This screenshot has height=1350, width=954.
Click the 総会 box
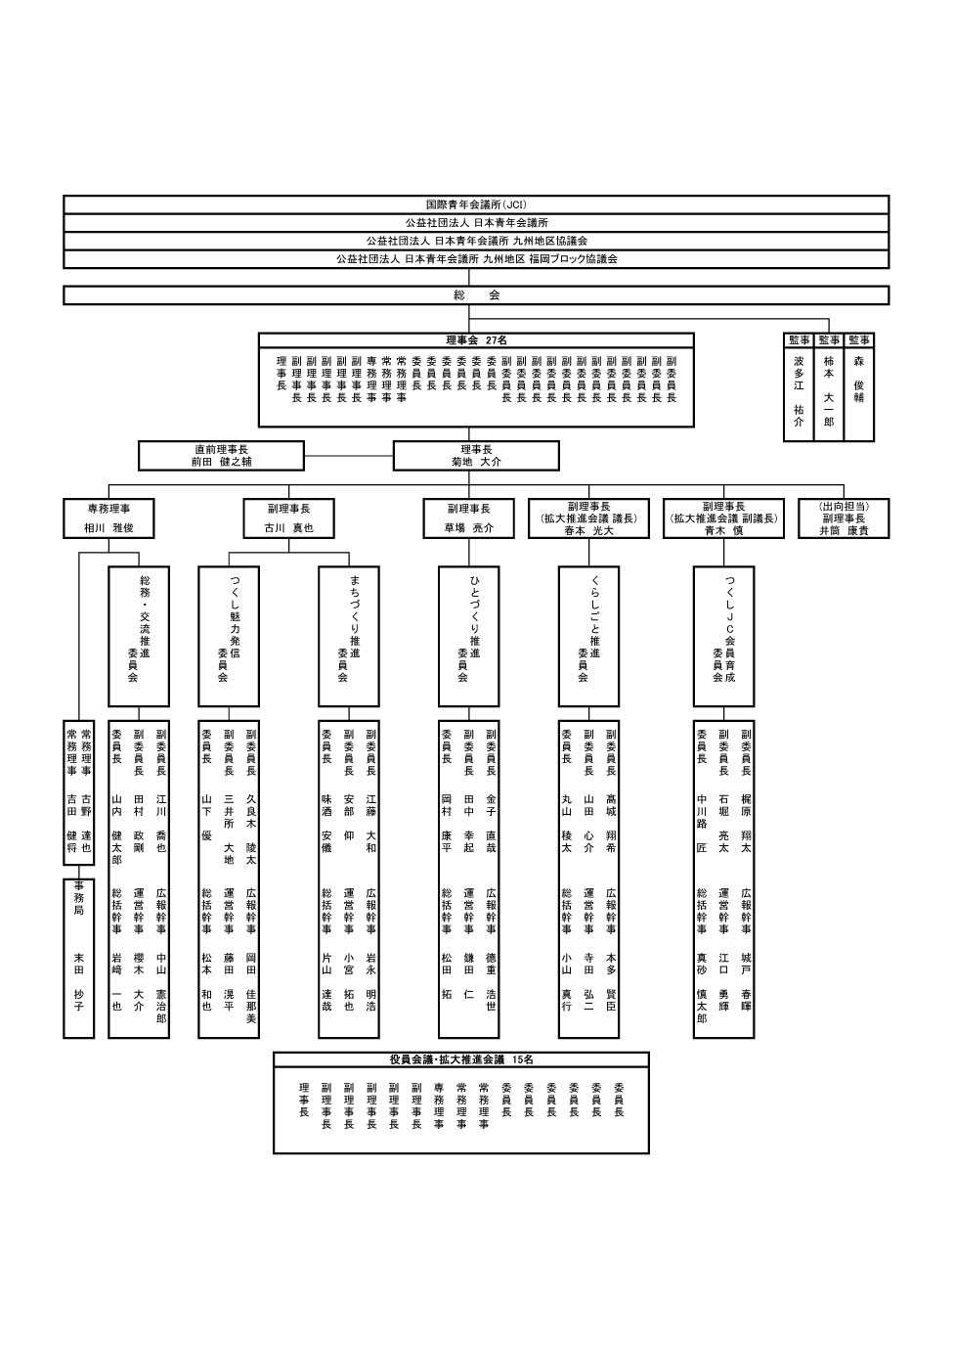tap(476, 294)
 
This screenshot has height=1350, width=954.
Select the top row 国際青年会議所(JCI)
tap(476, 204)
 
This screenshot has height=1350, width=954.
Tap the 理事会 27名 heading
tap(476, 340)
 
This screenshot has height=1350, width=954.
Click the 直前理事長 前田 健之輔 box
tap(222, 456)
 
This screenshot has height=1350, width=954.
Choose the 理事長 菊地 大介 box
tap(476, 456)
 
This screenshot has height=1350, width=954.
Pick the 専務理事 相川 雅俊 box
tap(108, 518)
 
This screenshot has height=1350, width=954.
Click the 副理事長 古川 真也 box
tap(289, 518)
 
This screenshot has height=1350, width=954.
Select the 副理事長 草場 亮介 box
tap(469, 518)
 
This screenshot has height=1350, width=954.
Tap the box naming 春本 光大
tap(588, 518)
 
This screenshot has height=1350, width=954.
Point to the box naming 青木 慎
tap(723, 518)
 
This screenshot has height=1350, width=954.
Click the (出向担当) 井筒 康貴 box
tap(844, 518)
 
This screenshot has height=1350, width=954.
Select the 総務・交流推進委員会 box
tap(138, 636)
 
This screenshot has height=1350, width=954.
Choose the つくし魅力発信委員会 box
tap(229, 636)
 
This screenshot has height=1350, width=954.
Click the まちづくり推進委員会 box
tap(349, 636)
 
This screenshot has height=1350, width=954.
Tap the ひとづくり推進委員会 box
tap(469, 636)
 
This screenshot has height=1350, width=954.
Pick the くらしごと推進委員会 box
tap(588, 636)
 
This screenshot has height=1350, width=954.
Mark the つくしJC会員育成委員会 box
tap(723, 636)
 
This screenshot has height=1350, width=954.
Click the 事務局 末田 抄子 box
tap(79, 958)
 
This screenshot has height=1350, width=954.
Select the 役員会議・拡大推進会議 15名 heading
tap(461, 1059)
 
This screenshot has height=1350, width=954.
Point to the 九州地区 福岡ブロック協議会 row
tap(476, 259)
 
